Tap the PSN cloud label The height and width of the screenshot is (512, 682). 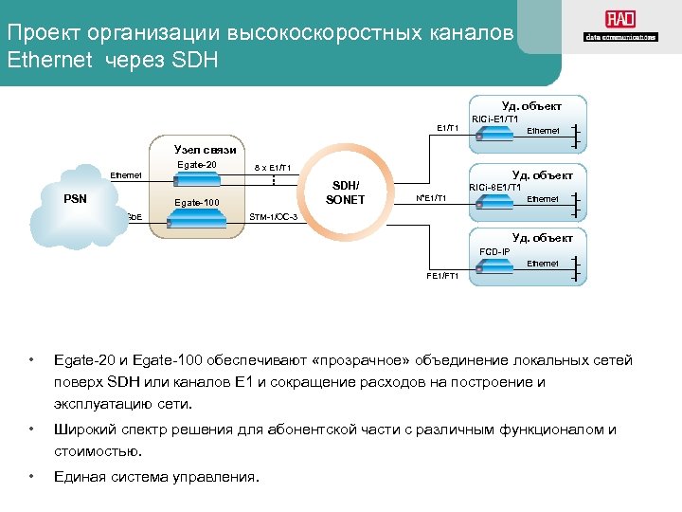76,199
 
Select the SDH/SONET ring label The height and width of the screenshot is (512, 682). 345,192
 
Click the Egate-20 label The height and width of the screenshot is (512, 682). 197,165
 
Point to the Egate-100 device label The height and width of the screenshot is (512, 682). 197,203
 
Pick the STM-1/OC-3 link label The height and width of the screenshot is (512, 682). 273,218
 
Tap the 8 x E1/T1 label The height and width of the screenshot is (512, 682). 272,167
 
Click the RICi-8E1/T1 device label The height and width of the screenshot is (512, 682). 495,187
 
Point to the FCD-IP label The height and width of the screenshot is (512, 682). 494,251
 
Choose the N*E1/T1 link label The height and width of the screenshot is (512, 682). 431,198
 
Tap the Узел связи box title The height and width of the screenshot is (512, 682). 205,150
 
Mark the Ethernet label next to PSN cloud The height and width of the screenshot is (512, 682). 126,174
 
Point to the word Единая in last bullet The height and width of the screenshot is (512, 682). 81,476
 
